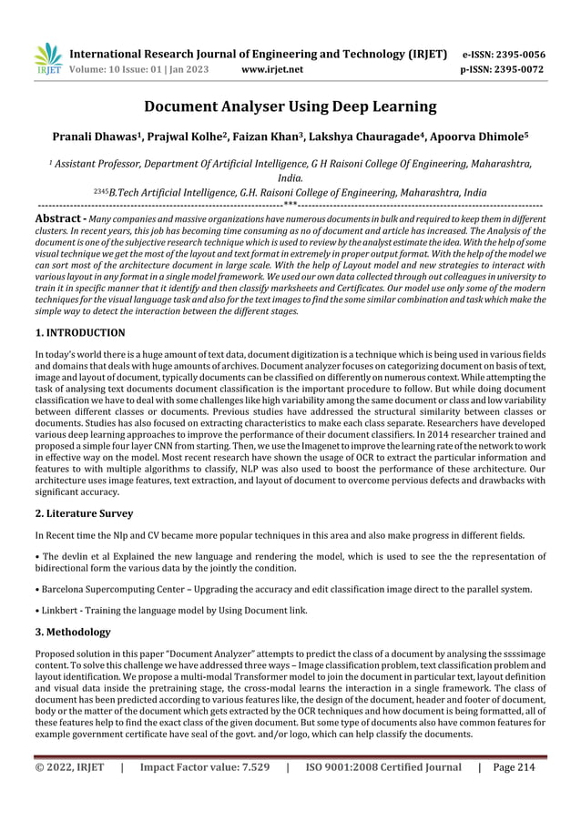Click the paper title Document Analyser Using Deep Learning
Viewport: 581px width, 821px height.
coord(290,107)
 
